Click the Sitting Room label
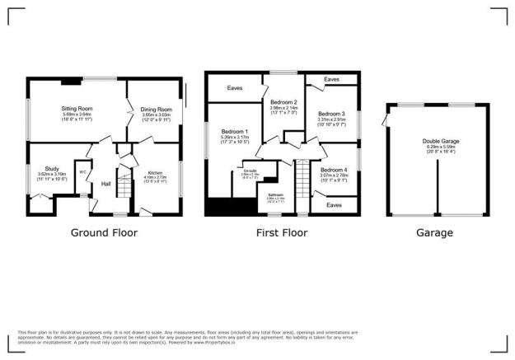[x=79, y=108]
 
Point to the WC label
[x=83, y=171]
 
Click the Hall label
[x=106, y=183]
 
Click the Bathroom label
[x=275, y=194]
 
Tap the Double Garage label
[x=438, y=141]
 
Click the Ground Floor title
[x=104, y=233]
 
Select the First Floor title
[x=282, y=233]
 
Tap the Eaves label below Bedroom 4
[x=335, y=204]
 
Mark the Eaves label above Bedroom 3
[x=331, y=79]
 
